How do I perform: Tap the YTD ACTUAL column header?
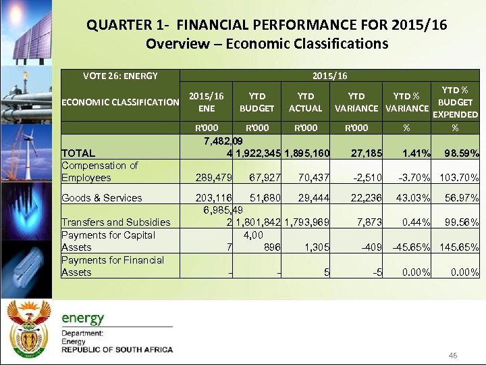[305, 102]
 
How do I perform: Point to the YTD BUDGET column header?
[256, 102]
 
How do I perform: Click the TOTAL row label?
[78, 153]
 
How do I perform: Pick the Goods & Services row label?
[102, 198]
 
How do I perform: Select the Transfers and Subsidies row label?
[115, 222]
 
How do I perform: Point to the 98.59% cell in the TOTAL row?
[461, 153]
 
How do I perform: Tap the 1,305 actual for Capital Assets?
[317, 247]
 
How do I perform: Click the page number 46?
[454, 356]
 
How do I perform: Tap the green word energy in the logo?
[83, 318]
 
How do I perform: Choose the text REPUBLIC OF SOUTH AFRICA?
[117, 350]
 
